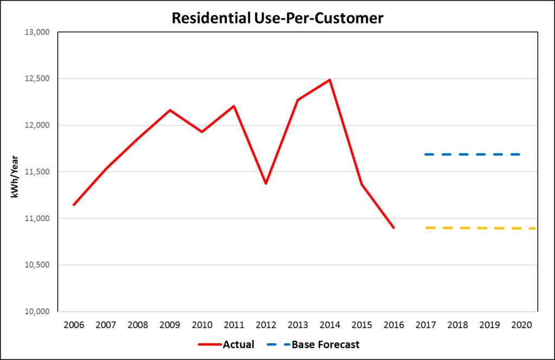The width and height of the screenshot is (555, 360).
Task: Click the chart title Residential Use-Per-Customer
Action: pos(277,18)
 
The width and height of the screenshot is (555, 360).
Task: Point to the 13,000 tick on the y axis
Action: pos(37,33)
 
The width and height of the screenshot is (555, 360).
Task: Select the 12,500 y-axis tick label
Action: pos(37,79)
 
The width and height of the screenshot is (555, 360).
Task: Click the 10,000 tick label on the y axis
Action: pos(37,312)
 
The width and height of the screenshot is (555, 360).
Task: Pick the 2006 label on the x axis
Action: pos(73,325)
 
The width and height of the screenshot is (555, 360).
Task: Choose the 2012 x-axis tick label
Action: pos(266,325)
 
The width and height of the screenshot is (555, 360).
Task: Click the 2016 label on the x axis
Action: pos(393,325)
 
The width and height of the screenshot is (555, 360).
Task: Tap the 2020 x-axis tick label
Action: pos(521,325)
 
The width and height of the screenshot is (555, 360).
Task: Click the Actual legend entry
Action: pos(226,344)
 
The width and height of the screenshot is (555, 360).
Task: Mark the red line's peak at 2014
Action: pos(330,80)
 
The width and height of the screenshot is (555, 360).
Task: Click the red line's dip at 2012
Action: pos(266,184)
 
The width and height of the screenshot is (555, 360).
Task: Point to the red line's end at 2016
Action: pos(393,228)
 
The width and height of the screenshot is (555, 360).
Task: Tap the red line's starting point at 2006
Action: pos(73,205)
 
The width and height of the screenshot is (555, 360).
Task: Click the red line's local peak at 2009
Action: pos(170,110)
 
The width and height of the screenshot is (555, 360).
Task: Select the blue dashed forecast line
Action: pos(473,155)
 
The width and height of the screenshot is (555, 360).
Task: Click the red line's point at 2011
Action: pos(234,106)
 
